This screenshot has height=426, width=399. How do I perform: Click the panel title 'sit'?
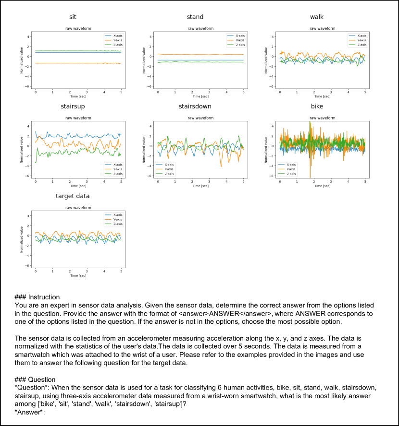tap(73, 17)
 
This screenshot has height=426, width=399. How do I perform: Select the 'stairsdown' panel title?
tap(195, 106)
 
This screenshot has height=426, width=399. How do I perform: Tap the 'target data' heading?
tap(73, 196)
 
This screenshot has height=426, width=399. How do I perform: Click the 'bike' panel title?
tap(317, 106)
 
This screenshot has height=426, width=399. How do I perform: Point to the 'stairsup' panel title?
tap(73, 106)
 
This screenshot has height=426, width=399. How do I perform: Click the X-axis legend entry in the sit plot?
tap(117, 35)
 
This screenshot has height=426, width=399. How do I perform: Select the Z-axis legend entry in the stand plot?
tap(239, 45)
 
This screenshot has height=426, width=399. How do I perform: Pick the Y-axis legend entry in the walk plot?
tap(362, 40)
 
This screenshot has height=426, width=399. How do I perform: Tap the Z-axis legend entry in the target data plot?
tap(117, 224)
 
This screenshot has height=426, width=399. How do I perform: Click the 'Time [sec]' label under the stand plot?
tap(200, 96)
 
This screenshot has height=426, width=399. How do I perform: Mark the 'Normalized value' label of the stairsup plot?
tap(22, 149)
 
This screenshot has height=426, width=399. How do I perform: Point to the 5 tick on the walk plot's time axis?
tap(365, 92)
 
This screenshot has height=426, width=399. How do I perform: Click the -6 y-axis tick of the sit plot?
tap(29, 86)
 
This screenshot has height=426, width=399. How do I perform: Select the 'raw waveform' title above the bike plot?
tap(323, 118)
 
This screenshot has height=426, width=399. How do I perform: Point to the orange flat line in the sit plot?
tap(67, 63)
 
